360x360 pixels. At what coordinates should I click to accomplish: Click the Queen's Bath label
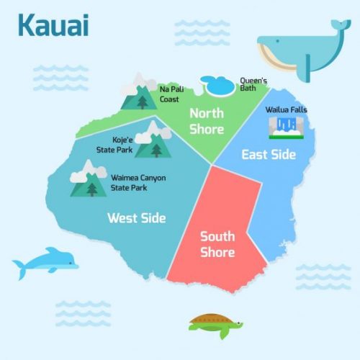pos(253,86)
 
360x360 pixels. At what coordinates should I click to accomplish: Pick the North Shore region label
pos(206,121)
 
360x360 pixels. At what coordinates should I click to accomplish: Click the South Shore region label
pos(217,244)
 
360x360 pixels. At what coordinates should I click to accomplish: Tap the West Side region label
pos(137,217)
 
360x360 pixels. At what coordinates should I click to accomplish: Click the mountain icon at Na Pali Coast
pos(137,91)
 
